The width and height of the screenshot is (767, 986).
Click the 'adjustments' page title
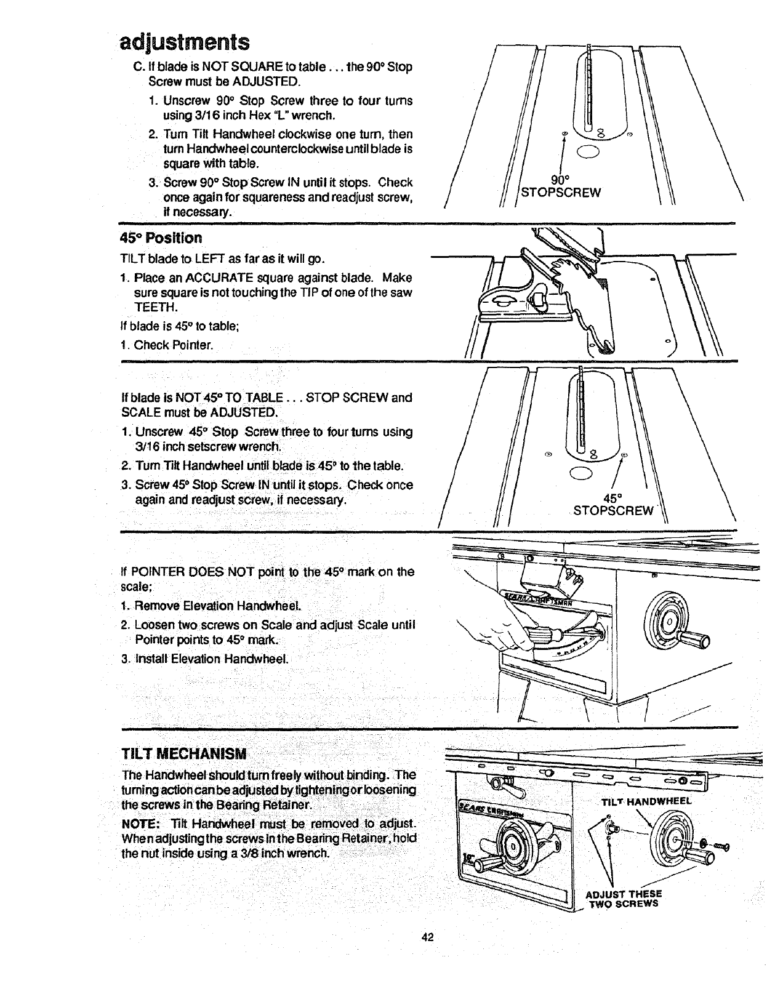[x=184, y=42]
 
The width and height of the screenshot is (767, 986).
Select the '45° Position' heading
[x=161, y=238]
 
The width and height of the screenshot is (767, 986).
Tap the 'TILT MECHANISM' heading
[x=185, y=753]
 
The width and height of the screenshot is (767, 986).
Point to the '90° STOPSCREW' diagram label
[x=560, y=186]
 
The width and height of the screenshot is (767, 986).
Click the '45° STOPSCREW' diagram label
[x=612, y=504]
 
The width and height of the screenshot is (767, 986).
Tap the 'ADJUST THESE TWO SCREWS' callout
[x=624, y=899]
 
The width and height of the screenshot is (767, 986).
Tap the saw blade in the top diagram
[x=589, y=86]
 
